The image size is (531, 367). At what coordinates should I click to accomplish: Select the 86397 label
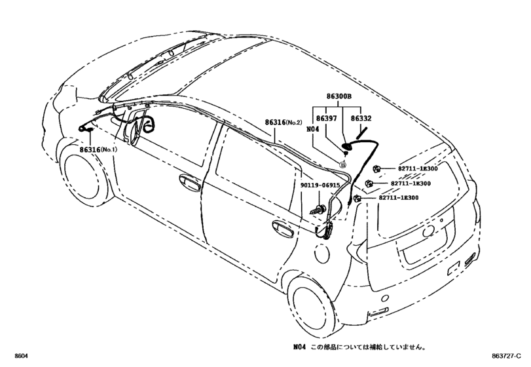[x=325, y=119]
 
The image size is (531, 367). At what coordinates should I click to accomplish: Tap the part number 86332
[x=361, y=119]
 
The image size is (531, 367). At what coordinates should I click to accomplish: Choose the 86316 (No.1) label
[x=98, y=149]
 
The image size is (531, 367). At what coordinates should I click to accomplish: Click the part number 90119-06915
[x=320, y=185]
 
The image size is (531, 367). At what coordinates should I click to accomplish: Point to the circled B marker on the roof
[x=342, y=163]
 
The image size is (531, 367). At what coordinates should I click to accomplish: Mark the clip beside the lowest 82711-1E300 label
[x=357, y=198]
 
